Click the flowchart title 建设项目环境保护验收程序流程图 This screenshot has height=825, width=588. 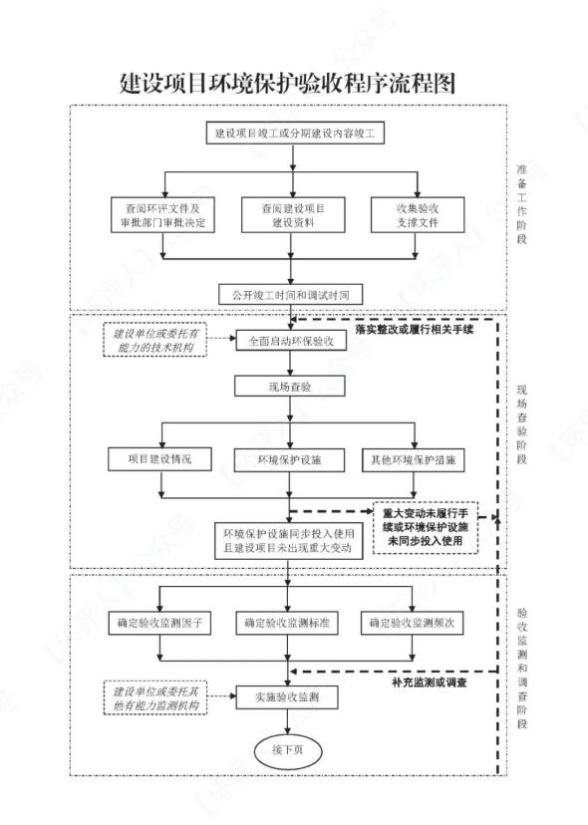click(x=287, y=83)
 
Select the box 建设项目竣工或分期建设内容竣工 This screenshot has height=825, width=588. click(x=294, y=133)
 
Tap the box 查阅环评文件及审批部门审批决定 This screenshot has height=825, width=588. click(x=163, y=214)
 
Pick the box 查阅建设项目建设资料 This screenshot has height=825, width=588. click(x=293, y=214)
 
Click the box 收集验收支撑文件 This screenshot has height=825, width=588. click(x=418, y=214)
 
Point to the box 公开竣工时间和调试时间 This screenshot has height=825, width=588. click(x=291, y=295)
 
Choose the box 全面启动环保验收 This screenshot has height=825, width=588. click(x=291, y=341)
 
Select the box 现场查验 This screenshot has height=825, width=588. click(x=290, y=387)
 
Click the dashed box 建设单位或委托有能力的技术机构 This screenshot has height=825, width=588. click(x=155, y=340)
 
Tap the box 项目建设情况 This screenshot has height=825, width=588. click(x=160, y=459)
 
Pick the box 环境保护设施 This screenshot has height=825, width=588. click(x=290, y=460)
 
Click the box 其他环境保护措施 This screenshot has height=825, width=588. click(x=414, y=460)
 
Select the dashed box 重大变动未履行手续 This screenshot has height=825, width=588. click(x=426, y=527)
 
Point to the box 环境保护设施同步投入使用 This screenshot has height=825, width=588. click(x=288, y=540)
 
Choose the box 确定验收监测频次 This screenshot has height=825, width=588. click(x=413, y=623)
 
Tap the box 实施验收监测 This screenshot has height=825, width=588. click(x=287, y=697)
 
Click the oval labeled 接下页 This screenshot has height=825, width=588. click(x=287, y=750)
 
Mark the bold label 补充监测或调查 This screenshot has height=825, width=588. click(x=430, y=683)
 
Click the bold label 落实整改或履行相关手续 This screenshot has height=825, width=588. click(x=415, y=330)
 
